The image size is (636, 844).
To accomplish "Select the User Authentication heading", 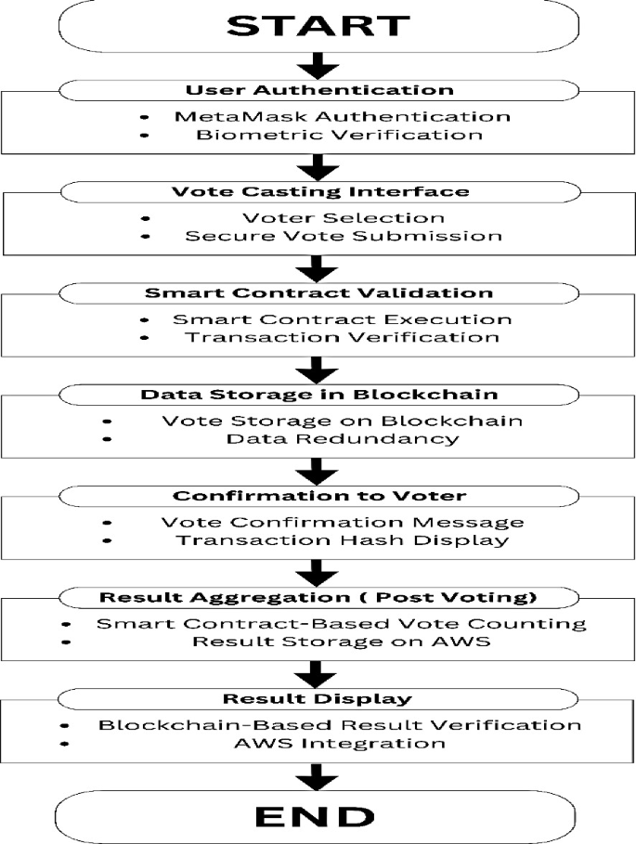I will click(x=318, y=90).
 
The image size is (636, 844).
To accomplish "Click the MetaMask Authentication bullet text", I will click(x=343, y=117).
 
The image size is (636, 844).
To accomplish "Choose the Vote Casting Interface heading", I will click(x=318, y=191).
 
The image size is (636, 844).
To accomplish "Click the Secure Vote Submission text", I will click(x=343, y=236).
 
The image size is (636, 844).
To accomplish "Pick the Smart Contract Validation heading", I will click(x=318, y=292).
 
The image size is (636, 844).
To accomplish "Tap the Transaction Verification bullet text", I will click(x=343, y=337).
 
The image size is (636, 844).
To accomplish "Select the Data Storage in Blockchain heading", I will click(x=318, y=394).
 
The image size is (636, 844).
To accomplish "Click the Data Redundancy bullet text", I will click(x=343, y=438).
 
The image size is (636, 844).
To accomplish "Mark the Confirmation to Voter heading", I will click(x=318, y=495).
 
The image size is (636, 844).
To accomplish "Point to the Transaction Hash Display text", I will click(x=343, y=539).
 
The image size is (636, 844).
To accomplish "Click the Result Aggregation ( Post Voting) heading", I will click(x=318, y=596).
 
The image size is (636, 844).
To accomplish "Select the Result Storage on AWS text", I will click(x=343, y=641).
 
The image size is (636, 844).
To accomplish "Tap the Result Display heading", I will click(x=318, y=697).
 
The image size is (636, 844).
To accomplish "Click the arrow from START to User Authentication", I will click(x=318, y=65).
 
